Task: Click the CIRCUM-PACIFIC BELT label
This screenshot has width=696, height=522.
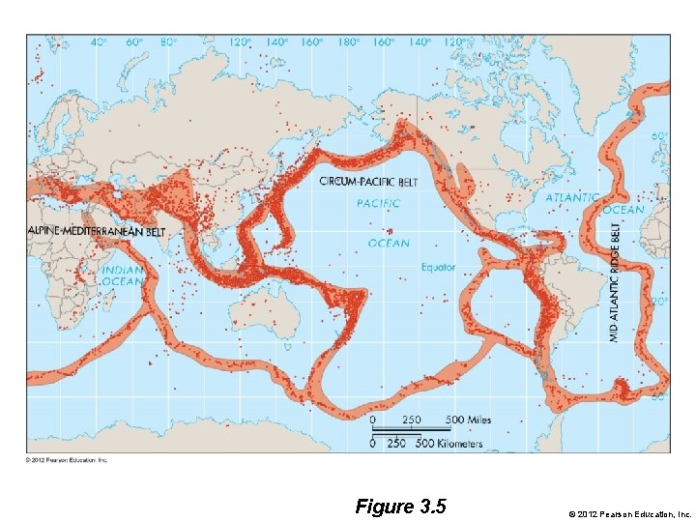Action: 362,182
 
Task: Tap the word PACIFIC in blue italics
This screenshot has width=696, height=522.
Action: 379,203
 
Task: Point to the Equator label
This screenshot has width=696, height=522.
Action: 439,267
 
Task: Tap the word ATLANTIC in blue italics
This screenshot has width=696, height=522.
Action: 572,197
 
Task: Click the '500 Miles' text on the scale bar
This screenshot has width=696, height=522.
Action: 468,420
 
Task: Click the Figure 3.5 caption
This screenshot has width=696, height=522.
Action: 400,507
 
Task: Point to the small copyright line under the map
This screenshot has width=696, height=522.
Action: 67,460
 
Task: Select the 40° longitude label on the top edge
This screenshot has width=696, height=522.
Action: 99,43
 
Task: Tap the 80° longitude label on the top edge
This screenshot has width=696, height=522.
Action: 169,43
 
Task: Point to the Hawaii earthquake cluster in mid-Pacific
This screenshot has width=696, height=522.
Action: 391,232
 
